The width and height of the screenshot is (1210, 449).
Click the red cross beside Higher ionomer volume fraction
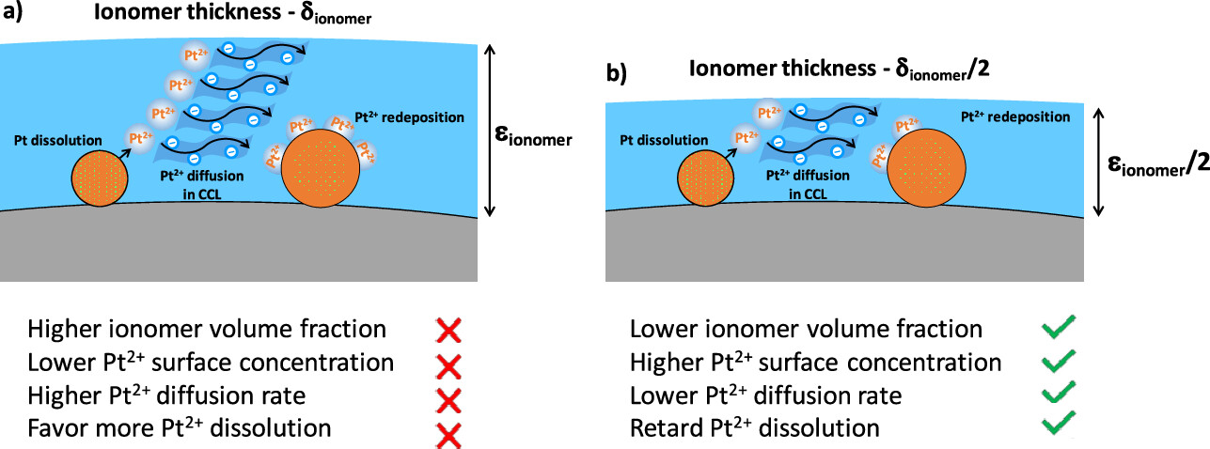[448, 330]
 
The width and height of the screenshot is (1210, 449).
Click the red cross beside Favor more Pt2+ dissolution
[448, 432]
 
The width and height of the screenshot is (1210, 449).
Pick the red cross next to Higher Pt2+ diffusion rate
[448, 398]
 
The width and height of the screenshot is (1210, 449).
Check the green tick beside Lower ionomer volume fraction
[1058, 328]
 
